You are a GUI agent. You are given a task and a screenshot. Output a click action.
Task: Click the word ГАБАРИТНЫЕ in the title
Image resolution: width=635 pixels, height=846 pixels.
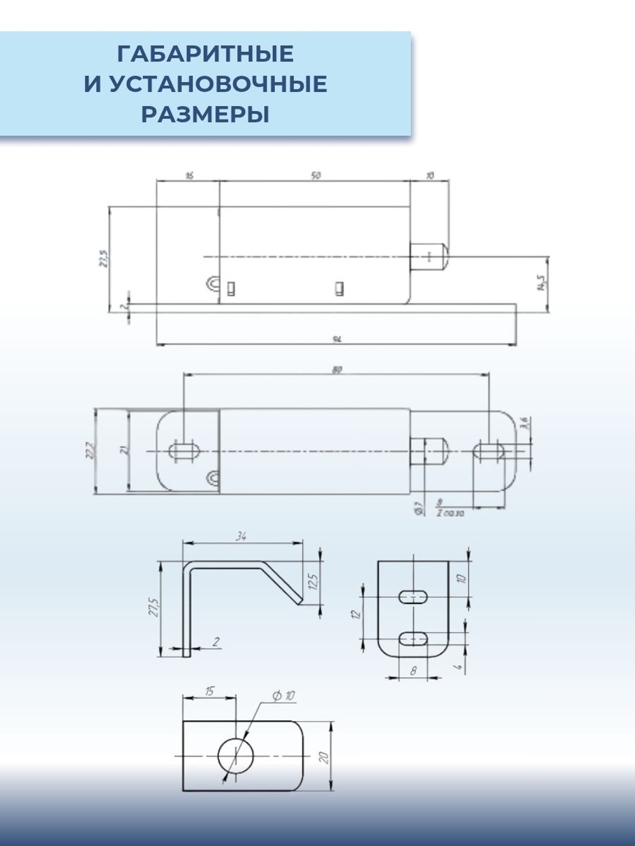205,54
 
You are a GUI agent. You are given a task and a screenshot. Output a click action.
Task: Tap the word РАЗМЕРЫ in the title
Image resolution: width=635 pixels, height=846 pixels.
205,115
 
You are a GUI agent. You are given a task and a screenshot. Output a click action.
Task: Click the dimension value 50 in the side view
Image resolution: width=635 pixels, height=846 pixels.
315,176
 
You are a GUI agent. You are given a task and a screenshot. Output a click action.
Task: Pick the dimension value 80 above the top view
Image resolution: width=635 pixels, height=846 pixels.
337,369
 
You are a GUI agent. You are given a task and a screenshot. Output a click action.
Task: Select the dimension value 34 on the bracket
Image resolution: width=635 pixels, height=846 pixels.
241,536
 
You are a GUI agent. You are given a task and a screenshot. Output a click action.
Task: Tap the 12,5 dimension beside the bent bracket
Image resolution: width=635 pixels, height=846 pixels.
312,581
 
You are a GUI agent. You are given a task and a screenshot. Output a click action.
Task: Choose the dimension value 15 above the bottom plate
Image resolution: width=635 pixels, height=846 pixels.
209,691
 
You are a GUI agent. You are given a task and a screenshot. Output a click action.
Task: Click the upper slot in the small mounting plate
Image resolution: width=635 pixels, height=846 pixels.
413,597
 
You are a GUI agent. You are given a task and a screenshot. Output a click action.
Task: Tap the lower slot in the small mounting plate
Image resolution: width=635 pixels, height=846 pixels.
413,638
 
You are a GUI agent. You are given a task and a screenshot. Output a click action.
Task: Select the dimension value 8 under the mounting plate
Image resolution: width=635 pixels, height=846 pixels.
413,670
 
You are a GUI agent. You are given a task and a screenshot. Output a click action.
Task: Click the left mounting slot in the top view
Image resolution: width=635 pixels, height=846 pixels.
184,451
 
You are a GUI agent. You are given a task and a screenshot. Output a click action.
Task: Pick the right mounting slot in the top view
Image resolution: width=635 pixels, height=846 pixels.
489,451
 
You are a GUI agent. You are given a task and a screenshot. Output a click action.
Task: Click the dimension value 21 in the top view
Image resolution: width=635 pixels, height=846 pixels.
124,450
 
